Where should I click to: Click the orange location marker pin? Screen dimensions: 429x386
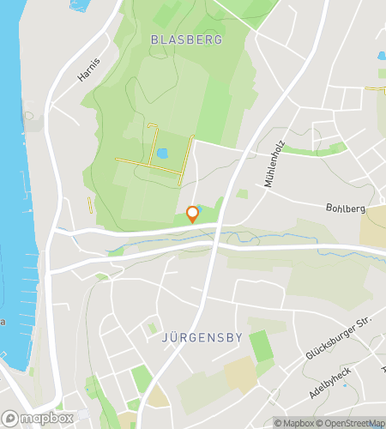tap(192, 214)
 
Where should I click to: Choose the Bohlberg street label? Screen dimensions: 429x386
tap(346, 208)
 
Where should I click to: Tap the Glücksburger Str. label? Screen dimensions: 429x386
tap(339, 338)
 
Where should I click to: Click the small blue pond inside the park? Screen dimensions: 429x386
tap(162, 154)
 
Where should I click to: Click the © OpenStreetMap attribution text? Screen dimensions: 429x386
tap(353, 422)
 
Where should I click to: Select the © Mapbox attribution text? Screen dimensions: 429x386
tap(295, 422)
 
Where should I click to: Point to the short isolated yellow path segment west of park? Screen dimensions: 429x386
tap(89, 204)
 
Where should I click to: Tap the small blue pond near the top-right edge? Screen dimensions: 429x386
tap(381, 56)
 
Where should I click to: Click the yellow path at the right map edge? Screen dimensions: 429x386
tap(376, 88)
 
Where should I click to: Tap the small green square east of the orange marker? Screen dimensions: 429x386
tap(243, 195)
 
